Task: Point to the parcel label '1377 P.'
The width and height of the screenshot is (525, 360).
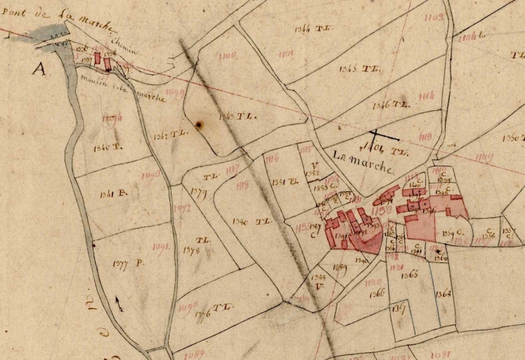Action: click(127, 263)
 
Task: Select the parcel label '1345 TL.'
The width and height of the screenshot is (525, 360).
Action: click(358, 69)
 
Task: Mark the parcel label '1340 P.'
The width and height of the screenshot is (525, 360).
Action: click(107, 149)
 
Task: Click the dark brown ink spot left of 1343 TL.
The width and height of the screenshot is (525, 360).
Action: click(199, 125)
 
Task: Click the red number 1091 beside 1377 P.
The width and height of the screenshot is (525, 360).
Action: click(162, 247)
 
